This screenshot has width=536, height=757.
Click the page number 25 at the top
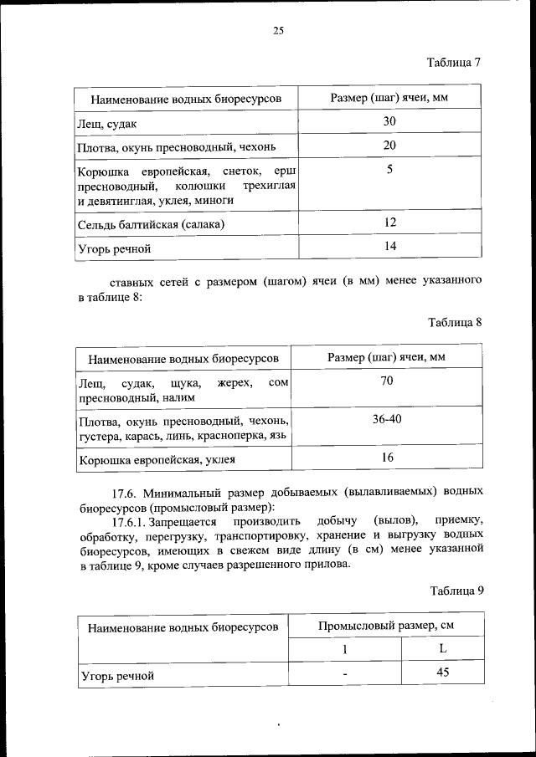point(278,31)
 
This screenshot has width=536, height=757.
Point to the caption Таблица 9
point(456,590)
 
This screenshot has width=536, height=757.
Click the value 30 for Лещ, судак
point(389,122)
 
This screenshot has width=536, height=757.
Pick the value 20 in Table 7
point(389,146)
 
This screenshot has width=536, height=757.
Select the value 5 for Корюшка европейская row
point(389,170)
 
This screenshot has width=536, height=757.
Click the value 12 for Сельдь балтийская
point(389,222)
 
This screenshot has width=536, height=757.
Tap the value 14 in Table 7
point(389,246)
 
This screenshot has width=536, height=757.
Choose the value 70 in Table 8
point(387,381)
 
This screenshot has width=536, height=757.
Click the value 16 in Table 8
point(387,457)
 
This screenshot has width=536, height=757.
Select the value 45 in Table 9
point(443,672)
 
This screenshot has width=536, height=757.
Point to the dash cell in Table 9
point(344,673)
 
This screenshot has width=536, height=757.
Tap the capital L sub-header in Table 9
point(443,649)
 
